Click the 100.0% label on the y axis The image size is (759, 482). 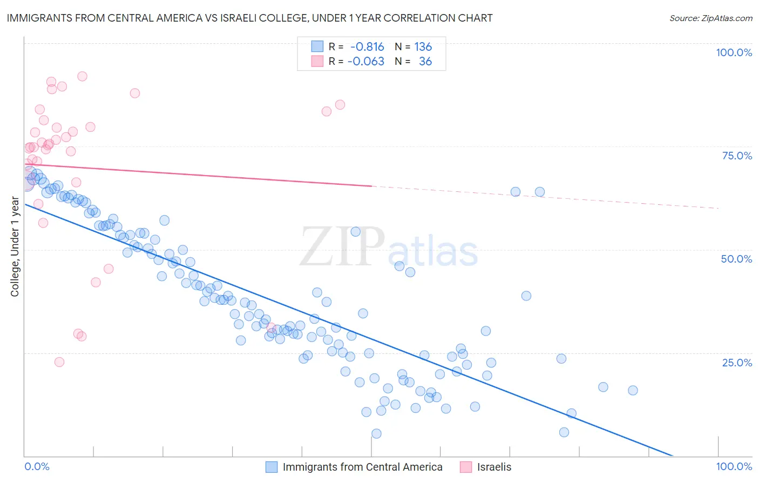coord(734,52)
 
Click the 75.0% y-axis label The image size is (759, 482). coord(737,156)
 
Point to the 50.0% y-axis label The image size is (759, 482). coord(736,259)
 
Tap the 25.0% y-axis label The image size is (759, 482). coord(737,363)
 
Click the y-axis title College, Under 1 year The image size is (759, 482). coord(15,247)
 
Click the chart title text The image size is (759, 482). coord(249,18)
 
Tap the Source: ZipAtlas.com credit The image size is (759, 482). coord(710,18)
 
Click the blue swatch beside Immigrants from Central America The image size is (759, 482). coord(272,467)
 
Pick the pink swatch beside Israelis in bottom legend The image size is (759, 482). coord(466,467)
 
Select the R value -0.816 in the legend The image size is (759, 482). coord(367,46)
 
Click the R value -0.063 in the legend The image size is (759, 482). coord(365,61)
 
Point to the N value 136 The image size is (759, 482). coord(423,46)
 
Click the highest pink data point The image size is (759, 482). coord(82,76)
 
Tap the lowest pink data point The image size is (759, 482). coord(59,362)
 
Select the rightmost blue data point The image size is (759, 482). coord(633,390)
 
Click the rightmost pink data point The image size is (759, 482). coord(340,105)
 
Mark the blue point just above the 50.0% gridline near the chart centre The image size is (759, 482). coord(355,232)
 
